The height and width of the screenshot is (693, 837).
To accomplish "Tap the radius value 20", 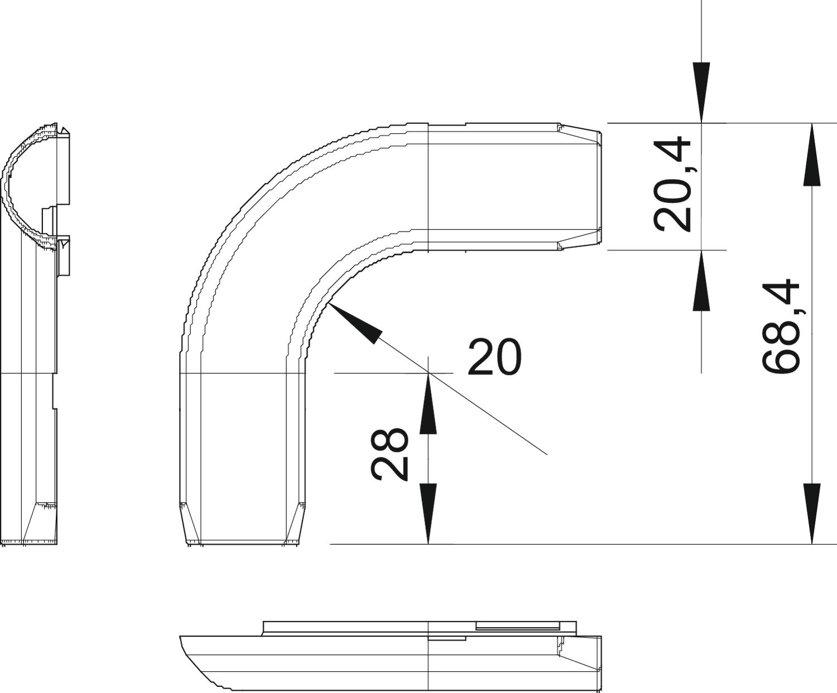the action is click(494, 357).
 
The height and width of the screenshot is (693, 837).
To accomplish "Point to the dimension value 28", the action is click(389, 454).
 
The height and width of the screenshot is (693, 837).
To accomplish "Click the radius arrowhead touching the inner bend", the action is click(353, 323).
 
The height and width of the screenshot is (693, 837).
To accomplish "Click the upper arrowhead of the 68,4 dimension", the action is click(812, 155).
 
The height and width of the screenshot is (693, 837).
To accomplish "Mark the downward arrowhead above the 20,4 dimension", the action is click(701, 93).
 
